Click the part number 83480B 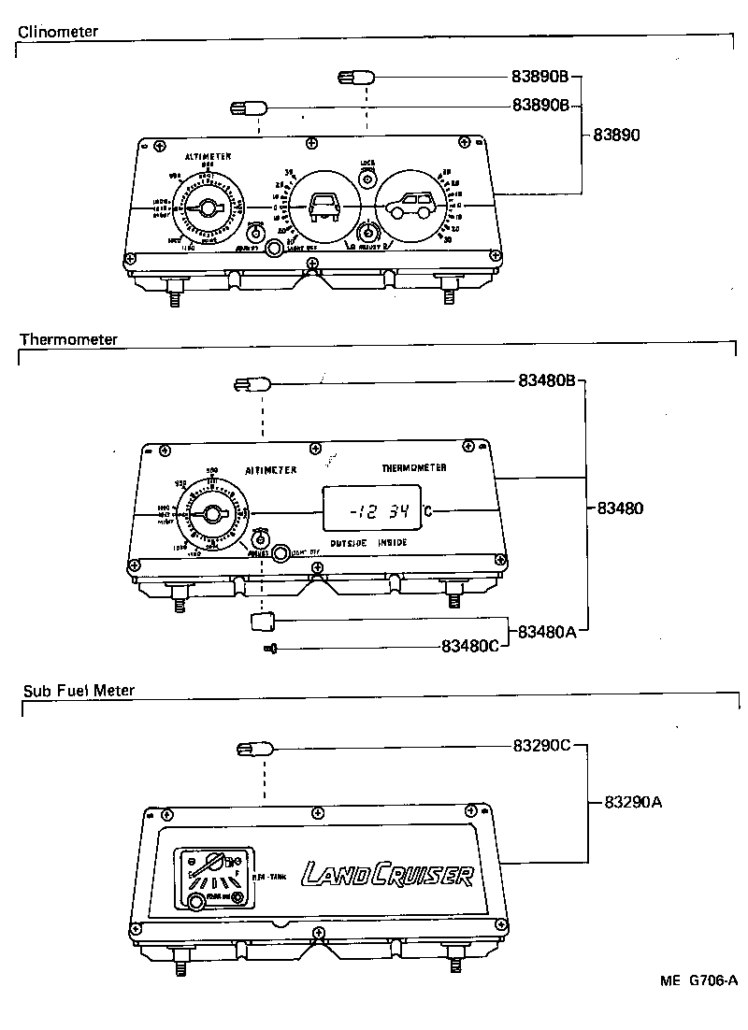tap(549, 381)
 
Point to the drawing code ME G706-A tap(698, 980)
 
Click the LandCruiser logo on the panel tap(386, 875)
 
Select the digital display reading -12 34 tap(372, 510)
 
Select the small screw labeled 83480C tap(271, 648)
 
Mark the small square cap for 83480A tap(263, 620)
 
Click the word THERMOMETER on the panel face tap(413, 467)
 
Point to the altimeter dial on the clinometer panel tap(209, 207)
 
